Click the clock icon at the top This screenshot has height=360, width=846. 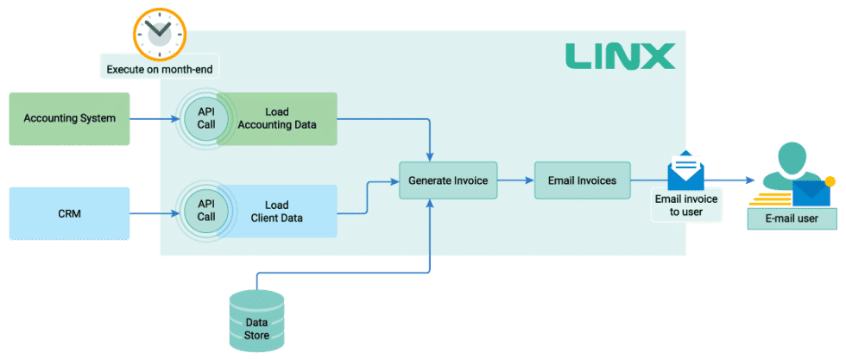(x=160, y=32)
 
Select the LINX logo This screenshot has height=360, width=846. (x=619, y=57)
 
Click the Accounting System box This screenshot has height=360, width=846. (x=69, y=118)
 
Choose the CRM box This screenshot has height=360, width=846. (x=69, y=212)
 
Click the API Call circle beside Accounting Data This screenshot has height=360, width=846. (x=205, y=118)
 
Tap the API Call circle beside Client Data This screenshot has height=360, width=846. (x=205, y=212)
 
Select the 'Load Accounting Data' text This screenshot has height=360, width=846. (x=277, y=118)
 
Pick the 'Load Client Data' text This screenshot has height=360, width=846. (x=277, y=212)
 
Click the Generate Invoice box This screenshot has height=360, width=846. (x=449, y=181)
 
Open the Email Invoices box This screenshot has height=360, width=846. (x=582, y=181)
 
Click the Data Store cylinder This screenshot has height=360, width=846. (x=256, y=318)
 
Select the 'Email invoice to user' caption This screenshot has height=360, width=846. (x=685, y=205)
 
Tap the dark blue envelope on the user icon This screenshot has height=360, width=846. (x=811, y=193)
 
